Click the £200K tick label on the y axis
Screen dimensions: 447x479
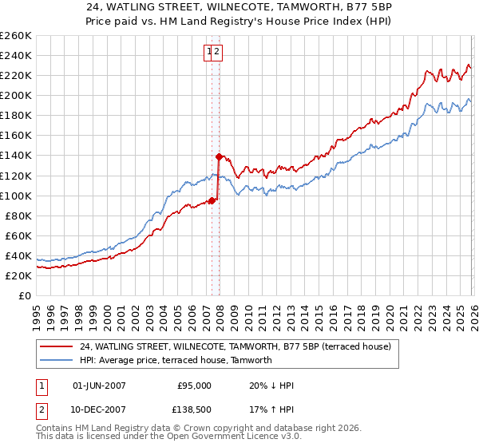coord(16,96)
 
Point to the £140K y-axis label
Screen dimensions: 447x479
coord(16,156)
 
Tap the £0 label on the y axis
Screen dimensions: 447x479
coord(25,295)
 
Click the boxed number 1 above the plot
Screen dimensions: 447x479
coord(209,53)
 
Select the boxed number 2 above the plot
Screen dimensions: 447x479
coord(217,53)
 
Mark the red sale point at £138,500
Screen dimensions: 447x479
coord(219,156)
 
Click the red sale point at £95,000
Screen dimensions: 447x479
coord(212,200)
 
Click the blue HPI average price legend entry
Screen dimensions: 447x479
coord(176,360)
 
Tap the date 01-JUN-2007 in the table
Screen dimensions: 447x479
coord(99,386)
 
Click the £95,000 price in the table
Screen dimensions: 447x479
coord(194,386)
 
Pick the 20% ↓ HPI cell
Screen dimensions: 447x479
coord(271,386)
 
